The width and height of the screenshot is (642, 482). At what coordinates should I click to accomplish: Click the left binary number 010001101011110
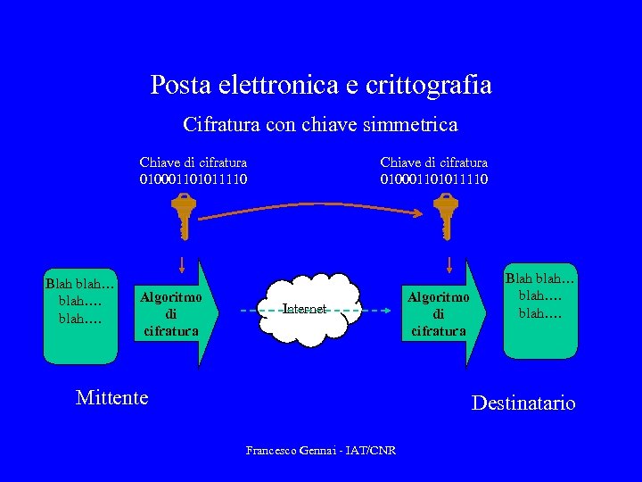193,179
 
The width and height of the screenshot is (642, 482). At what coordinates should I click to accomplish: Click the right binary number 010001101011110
434,179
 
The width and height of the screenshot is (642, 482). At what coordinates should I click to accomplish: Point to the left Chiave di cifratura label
193,162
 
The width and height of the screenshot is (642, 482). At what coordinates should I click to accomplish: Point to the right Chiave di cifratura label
434,162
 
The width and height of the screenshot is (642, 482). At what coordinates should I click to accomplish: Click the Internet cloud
304,310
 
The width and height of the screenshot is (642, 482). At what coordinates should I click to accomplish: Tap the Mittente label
112,397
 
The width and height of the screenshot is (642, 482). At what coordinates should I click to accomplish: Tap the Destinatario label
523,403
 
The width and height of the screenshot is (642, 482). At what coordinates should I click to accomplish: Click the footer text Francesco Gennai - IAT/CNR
321,450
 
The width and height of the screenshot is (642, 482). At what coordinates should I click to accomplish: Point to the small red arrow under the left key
182,264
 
